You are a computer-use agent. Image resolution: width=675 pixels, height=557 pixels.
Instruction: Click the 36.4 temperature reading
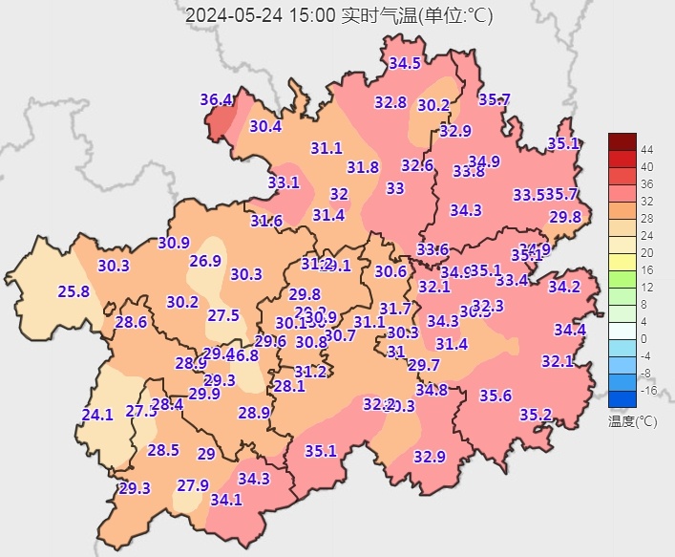click(x=217, y=100)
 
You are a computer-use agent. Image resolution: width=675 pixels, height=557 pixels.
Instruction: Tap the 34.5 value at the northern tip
click(x=405, y=64)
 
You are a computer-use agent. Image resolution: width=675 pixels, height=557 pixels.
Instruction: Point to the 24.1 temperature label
click(x=97, y=415)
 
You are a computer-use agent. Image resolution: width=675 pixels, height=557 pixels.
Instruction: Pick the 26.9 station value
click(x=205, y=261)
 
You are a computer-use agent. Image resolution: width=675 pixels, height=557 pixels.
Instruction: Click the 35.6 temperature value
click(x=496, y=396)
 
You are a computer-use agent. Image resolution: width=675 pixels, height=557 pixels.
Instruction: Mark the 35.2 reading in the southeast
click(x=536, y=414)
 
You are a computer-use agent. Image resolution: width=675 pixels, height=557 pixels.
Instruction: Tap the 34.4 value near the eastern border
click(x=570, y=330)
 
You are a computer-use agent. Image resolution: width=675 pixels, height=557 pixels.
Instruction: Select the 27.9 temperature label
click(x=192, y=485)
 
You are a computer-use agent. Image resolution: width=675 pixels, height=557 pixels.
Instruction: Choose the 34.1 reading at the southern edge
click(x=226, y=499)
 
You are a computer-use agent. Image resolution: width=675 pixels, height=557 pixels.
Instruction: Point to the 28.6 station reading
click(x=131, y=322)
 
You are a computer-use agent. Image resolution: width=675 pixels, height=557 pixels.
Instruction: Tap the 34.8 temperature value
click(x=432, y=389)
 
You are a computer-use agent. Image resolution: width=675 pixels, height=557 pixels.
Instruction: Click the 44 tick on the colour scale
click(x=646, y=150)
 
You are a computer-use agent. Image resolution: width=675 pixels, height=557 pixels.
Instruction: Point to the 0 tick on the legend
click(x=644, y=339)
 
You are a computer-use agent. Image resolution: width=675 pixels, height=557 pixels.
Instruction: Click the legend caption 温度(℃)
click(x=632, y=420)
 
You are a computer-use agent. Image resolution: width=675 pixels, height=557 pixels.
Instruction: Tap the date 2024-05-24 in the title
click(x=231, y=15)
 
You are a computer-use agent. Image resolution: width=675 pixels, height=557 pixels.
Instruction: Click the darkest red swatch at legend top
click(x=622, y=141)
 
